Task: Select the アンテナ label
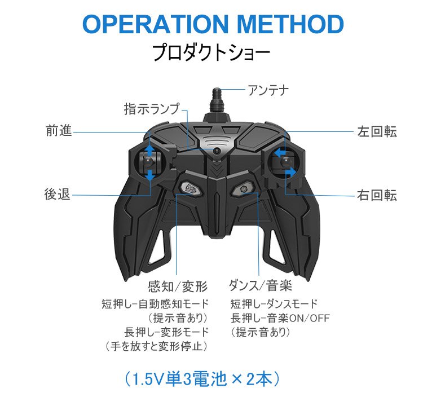[x=268, y=89]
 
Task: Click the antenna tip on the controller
[x=215, y=92]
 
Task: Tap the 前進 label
[x=59, y=131]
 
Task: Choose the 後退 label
[x=58, y=194]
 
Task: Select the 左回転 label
[x=377, y=131]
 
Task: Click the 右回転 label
[x=377, y=195]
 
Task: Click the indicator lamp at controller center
[x=216, y=151]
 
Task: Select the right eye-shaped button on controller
[x=243, y=188]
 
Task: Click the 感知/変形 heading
[x=178, y=285]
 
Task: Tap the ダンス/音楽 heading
[x=260, y=285]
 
